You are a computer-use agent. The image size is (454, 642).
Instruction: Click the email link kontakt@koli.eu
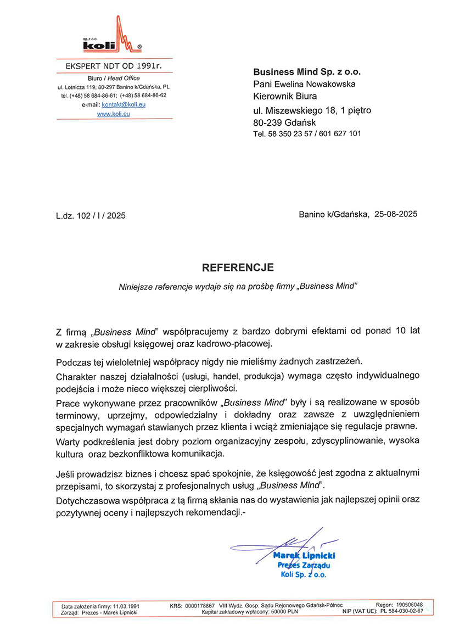pos(124,104)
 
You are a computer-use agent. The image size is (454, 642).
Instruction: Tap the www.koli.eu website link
pos(114,114)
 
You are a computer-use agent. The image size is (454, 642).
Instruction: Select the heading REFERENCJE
pos(238,268)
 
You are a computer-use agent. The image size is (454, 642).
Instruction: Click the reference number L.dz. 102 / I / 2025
pos(91,216)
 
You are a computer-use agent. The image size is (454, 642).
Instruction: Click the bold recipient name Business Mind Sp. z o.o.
pos(307,72)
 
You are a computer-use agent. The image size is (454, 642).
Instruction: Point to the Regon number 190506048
pos(409,605)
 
